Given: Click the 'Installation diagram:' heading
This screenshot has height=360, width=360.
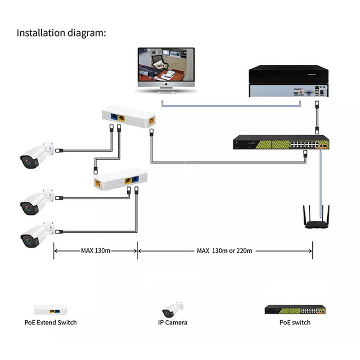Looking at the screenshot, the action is tap(61, 33).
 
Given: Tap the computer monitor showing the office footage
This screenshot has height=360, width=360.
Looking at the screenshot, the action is tap(166, 70).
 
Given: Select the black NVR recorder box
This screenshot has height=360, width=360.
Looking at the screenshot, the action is tap(288, 81).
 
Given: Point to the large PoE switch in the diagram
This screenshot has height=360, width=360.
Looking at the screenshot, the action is tap(281, 142).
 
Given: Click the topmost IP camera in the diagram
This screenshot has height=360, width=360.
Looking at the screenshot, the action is tap(37, 155).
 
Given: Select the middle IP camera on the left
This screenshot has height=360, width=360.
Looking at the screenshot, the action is tap(37, 202).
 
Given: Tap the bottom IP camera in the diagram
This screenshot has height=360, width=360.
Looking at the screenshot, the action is tap(37, 234).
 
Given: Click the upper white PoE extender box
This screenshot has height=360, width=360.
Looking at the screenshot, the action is tap(129, 117).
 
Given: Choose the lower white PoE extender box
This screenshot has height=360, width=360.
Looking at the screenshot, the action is tap(121, 179).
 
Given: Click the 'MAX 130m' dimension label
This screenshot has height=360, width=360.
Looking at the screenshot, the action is tap(96, 251).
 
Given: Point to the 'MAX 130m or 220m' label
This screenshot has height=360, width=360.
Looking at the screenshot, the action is tap(225, 251).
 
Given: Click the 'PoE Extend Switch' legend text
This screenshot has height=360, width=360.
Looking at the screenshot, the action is tap(50, 323).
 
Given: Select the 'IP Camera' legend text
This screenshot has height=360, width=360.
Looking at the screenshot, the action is tap(173, 323).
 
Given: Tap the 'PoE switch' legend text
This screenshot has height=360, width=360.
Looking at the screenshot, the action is tap(295, 323).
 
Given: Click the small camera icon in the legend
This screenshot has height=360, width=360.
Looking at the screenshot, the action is tap(173, 310).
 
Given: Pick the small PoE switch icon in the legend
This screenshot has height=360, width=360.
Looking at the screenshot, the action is tap(295, 310).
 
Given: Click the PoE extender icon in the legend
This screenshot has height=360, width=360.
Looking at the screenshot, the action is tap(51, 310).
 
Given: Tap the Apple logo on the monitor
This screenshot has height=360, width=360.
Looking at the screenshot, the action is tap(166, 84).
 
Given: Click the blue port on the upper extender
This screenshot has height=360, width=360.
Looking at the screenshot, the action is tap(114, 117).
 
